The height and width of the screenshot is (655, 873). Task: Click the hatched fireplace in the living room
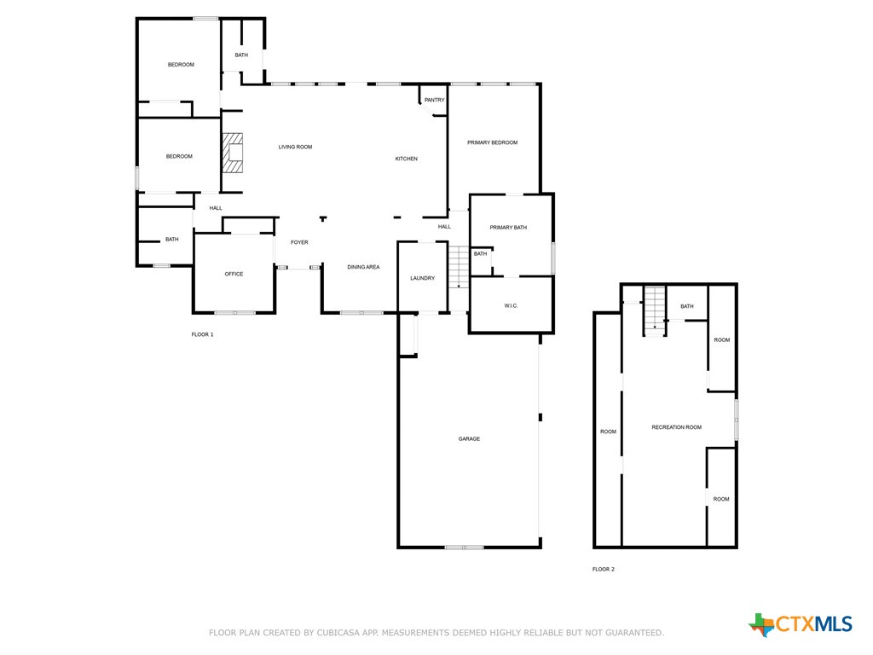pyautogui.click(x=233, y=154)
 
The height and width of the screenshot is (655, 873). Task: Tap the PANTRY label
pyautogui.click(x=434, y=100)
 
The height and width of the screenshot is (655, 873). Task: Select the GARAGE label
pyautogui.click(x=469, y=438)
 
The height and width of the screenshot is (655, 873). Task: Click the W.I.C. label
pyautogui.click(x=511, y=305)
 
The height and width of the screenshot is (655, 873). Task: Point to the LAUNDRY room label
pyautogui.click(x=422, y=278)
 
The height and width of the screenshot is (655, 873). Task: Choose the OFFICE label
pyautogui.click(x=234, y=274)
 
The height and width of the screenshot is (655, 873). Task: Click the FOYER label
pyautogui.click(x=299, y=242)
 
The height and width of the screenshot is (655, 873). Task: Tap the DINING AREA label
pyautogui.click(x=363, y=267)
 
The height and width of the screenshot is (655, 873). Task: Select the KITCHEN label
pyautogui.click(x=406, y=159)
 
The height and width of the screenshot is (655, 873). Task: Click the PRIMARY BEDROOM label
pyautogui.click(x=492, y=142)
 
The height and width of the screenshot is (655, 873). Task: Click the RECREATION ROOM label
pyautogui.click(x=676, y=426)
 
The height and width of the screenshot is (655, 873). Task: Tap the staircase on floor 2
pyautogui.click(x=654, y=309)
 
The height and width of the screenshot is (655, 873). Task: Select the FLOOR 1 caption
pyautogui.click(x=202, y=334)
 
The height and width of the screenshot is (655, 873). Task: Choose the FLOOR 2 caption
pyautogui.click(x=603, y=569)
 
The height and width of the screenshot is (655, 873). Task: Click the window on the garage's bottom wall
pyautogui.click(x=464, y=547)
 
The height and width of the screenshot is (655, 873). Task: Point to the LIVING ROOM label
pyautogui.click(x=295, y=147)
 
